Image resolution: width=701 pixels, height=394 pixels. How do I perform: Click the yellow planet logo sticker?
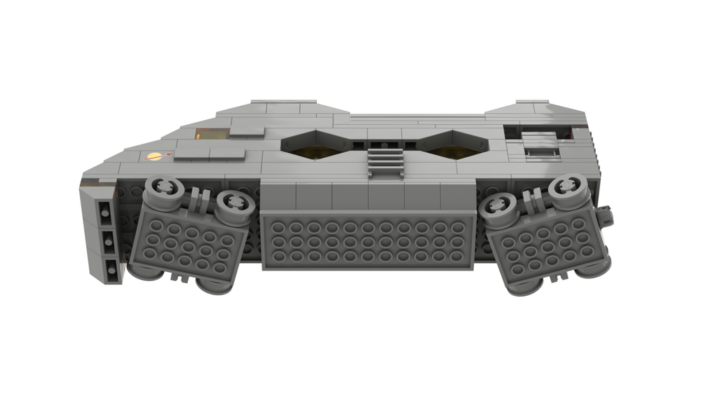pos(154,156)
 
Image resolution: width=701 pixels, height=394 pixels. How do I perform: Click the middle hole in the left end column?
pos(107,239)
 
